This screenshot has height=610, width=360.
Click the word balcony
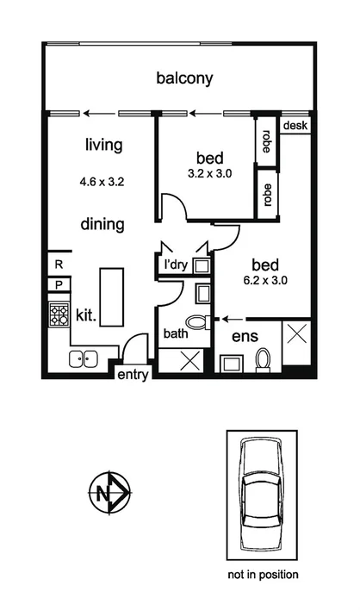point(184,78)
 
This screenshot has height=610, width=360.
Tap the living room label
point(103,145)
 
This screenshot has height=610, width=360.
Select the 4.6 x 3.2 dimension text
point(103,183)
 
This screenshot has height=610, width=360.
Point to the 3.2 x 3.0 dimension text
point(209,173)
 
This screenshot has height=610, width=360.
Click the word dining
point(102,225)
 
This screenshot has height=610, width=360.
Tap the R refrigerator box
point(59,265)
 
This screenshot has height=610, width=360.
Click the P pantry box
point(59,283)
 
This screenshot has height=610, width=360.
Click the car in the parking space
point(261,494)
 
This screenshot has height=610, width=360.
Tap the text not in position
point(262,574)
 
